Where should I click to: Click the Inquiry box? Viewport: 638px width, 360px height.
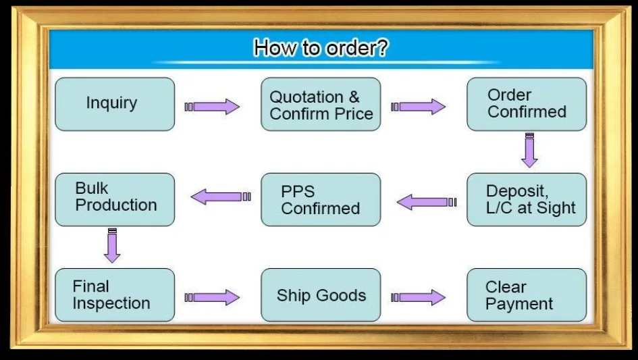pyautogui.click(x=114, y=104)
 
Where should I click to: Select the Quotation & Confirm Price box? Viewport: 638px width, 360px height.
pyautogui.click(x=321, y=104)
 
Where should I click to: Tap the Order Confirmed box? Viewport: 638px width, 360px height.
pyautogui.click(x=527, y=104)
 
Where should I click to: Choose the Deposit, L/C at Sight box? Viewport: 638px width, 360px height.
pyautogui.click(x=527, y=199)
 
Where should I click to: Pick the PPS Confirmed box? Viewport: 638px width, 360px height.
pyautogui.click(x=321, y=199)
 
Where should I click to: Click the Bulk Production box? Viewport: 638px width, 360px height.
pyautogui.click(x=114, y=199)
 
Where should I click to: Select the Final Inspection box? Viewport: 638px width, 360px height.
pyautogui.click(x=114, y=295)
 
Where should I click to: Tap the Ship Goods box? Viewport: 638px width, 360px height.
pyautogui.click(x=321, y=295)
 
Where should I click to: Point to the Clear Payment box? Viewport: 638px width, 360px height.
pyautogui.click(x=527, y=295)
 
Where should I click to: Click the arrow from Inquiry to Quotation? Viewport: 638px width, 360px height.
pyautogui.click(x=212, y=107)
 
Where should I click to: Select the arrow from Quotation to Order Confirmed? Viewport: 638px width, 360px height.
pyautogui.click(x=419, y=107)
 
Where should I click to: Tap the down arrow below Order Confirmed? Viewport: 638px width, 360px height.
pyautogui.click(x=529, y=150)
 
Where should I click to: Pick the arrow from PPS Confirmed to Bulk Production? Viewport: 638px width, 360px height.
pyautogui.click(x=220, y=197)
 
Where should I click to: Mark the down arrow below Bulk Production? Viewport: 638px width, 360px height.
pyautogui.click(x=112, y=246)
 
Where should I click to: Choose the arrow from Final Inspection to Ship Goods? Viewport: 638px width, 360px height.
pyautogui.click(x=212, y=297)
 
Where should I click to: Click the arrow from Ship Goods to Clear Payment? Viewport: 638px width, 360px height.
pyautogui.click(x=419, y=297)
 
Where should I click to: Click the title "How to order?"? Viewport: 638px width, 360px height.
pyautogui.click(x=321, y=48)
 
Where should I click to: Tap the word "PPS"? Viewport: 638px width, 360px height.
pyautogui.click(x=298, y=191)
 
